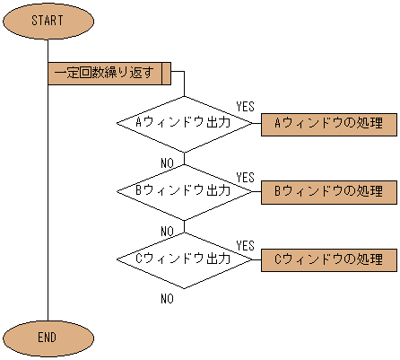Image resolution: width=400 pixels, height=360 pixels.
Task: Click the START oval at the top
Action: point(47,20)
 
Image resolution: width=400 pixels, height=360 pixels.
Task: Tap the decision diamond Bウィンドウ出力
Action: point(184,191)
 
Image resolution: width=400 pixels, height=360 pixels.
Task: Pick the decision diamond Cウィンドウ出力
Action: point(184,259)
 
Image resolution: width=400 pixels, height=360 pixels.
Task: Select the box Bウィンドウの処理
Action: point(328,192)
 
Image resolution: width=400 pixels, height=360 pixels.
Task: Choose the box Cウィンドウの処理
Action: point(328,260)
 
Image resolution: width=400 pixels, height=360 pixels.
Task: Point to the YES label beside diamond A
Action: point(245,108)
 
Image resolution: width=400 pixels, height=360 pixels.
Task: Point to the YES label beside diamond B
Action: point(245,177)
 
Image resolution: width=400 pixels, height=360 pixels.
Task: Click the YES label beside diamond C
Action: point(245,245)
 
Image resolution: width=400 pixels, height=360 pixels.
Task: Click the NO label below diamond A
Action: point(167,162)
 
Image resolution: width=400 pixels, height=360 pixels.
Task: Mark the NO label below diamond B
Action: point(167,231)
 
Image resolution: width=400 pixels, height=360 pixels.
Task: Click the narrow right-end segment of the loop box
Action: point(167,74)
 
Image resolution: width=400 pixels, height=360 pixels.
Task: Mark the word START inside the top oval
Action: point(47,20)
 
